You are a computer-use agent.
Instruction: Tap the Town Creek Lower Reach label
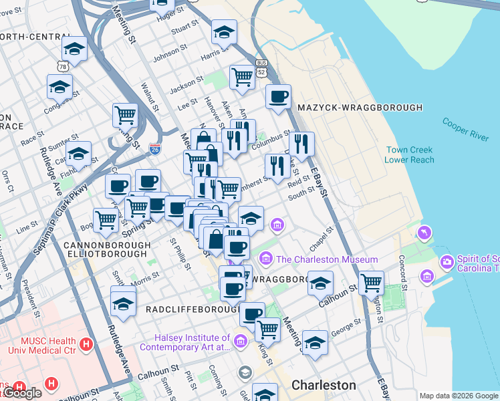point(409,155)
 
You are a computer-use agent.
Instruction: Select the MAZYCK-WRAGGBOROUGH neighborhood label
point(360,108)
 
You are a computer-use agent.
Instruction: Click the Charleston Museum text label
point(327,259)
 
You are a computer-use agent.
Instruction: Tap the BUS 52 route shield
point(261,70)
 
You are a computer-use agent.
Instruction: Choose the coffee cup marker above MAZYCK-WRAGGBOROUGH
point(278,97)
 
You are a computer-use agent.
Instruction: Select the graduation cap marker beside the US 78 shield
point(75,49)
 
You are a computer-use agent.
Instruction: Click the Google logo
point(21,393)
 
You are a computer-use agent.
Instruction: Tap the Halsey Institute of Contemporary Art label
point(184,343)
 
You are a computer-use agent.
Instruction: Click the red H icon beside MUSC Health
point(86,344)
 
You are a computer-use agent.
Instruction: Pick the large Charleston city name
point(324,385)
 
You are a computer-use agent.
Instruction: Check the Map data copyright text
point(459,396)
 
